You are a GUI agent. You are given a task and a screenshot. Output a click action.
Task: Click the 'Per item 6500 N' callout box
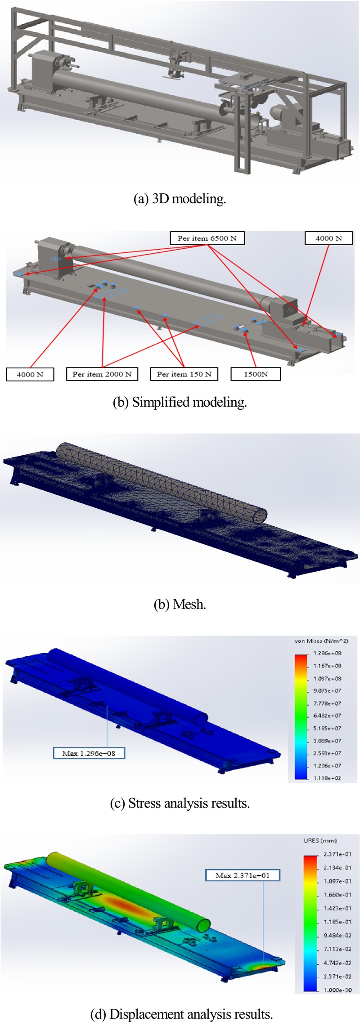(x=207, y=238)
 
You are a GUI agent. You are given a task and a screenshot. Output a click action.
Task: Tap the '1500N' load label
(x=256, y=374)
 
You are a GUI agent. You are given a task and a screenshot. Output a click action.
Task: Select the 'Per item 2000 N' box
(x=102, y=374)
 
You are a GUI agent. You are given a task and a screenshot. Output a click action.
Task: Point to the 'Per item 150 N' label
(x=184, y=374)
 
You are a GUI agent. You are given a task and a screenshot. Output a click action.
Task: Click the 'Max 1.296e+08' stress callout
(x=89, y=753)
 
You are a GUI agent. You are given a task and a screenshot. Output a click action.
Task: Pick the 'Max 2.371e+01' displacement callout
(x=243, y=875)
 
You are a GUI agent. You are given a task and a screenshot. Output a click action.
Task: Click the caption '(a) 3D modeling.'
(x=180, y=198)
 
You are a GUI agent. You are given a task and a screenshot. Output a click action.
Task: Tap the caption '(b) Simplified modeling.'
(x=180, y=402)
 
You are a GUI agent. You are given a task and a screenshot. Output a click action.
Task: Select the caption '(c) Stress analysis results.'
(x=180, y=803)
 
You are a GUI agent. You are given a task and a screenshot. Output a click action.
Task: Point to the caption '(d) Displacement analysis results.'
(x=182, y=1014)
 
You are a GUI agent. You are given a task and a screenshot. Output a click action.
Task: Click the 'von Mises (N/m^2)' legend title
(x=321, y=641)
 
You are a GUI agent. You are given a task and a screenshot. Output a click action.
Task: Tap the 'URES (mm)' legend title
(x=320, y=840)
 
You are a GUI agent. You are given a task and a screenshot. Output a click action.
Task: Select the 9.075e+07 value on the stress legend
(x=328, y=690)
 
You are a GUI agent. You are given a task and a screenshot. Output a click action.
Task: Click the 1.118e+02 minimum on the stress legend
(x=328, y=778)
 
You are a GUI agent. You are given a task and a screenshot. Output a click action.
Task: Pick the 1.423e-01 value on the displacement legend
(x=337, y=908)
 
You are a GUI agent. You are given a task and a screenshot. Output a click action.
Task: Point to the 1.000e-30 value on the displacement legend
(x=337, y=990)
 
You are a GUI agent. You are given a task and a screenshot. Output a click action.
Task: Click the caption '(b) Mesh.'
(x=180, y=604)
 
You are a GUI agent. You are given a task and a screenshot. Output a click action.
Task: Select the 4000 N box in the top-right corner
(x=328, y=238)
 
